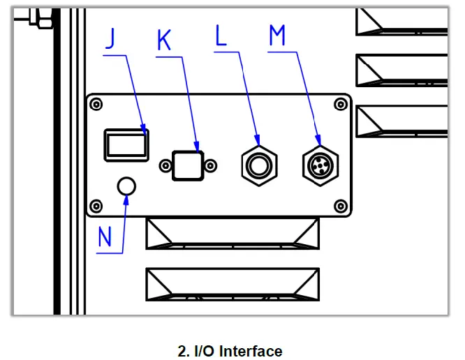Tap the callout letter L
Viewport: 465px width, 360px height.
[x=221, y=37]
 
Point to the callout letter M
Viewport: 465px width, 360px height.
[x=277, y=36]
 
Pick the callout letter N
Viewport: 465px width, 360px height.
[x=105, y=237]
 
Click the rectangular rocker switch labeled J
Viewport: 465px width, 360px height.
[x=126, y=144]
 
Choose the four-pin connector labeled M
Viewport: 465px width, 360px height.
[x=319, y=165]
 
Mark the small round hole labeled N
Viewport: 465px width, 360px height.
[x=126, y=186]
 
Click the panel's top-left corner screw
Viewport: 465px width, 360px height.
[x=96, y=104]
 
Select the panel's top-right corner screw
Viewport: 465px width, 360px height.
[x=341, y=104]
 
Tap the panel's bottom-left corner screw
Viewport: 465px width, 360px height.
[x=96, y=206]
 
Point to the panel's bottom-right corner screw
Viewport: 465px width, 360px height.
[x=341, y=206]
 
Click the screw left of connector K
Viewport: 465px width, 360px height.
[x=165, y=165]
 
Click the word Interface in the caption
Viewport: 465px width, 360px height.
[x=251, y=351]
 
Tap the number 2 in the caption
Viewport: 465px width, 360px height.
[x=182, y=351]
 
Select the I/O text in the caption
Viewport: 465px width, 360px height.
[x=205, y=351]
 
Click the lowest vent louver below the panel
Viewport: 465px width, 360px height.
[x=232, y=284]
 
